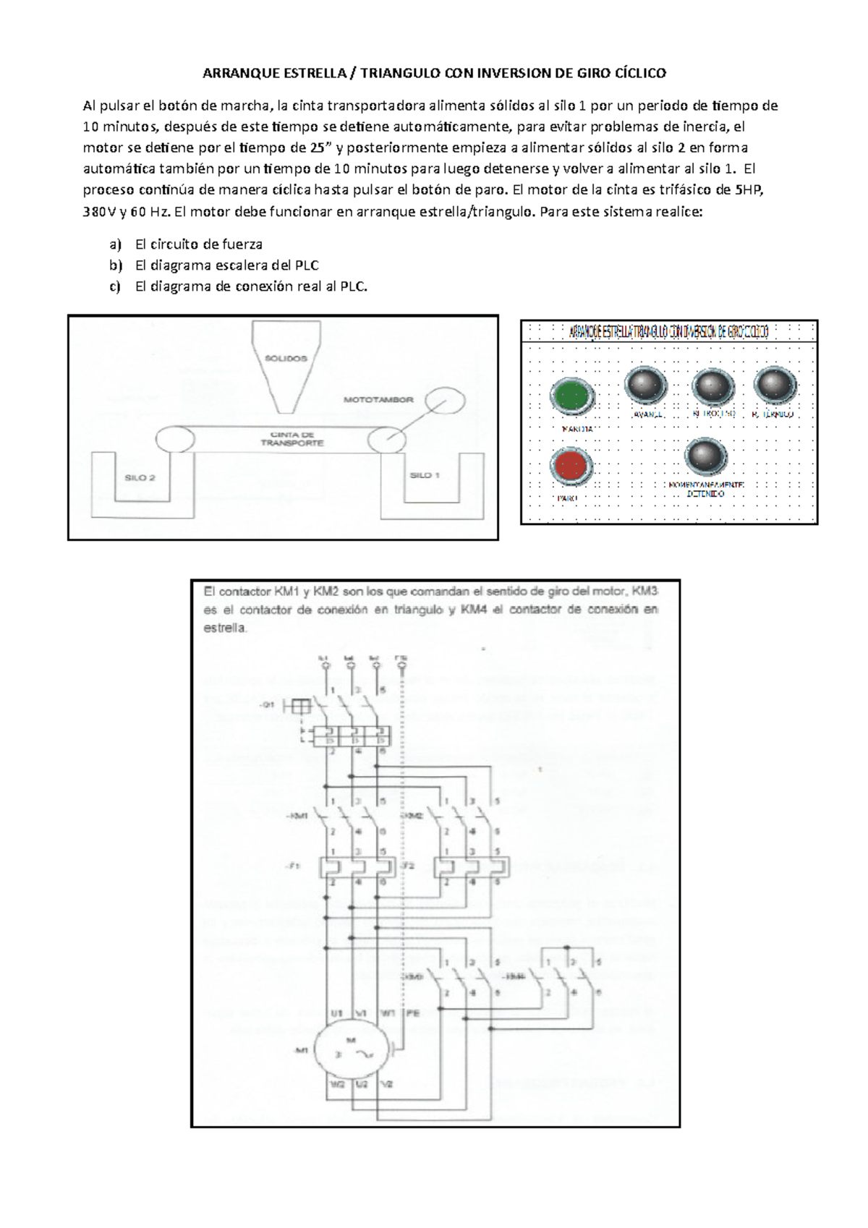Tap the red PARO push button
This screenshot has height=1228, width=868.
click(571, 465)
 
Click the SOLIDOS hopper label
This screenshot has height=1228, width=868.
click(286, 358)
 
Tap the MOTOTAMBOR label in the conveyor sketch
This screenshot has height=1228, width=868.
click(378, 399)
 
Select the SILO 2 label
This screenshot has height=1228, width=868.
click(140, 477)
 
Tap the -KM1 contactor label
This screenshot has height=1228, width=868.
click(298, 816)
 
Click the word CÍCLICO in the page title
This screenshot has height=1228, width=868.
click(640, 73)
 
